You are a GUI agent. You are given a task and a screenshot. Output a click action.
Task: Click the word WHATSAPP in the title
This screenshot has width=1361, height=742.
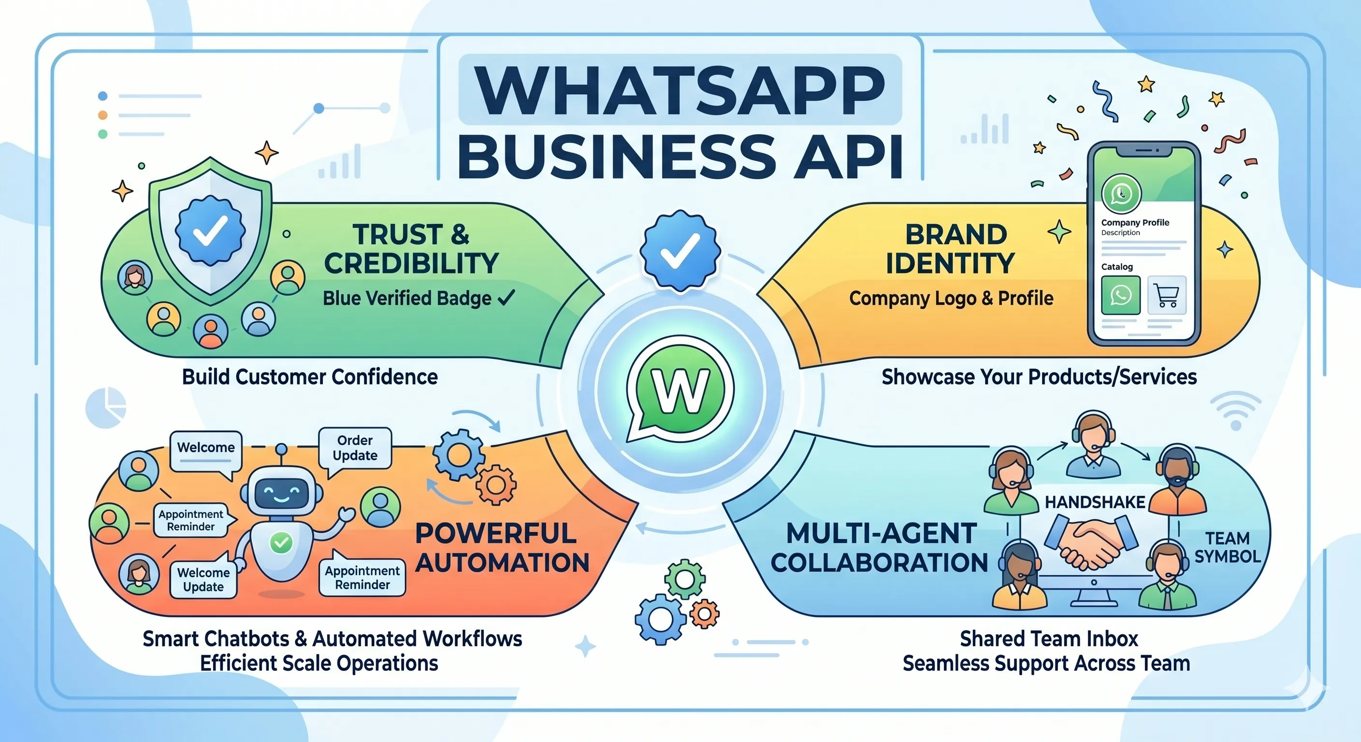pyautogui.click(x=680, y=90)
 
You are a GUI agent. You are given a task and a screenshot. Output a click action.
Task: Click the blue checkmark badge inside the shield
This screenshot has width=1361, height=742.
pyautogui.click(x=210, y=230)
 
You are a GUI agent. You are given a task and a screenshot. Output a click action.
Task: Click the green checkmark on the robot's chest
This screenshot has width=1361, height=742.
pyautogui.click(x=281, y=542)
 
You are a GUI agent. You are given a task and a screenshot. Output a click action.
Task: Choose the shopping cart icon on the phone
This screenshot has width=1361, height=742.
pyautogui.click(x=1167, y=295)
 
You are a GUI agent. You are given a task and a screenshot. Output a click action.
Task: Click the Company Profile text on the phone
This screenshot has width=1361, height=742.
pyautogui.click(x=1135, y=222)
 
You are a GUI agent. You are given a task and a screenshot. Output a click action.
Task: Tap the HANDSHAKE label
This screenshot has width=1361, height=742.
pyautogui.click(x=1095, y=502)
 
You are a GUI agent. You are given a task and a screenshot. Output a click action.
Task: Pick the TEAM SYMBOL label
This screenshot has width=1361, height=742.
pyautogui.click(x=1227, y=547)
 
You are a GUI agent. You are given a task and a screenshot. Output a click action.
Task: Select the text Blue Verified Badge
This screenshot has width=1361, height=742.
pyautogui.click(x=407, y=299)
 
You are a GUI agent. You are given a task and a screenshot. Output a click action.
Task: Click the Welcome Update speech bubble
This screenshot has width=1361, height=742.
pyautogui.click(x=203, y=579)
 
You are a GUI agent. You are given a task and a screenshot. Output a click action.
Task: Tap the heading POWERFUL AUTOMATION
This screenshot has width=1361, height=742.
pyautogui.click(x=502, y=548)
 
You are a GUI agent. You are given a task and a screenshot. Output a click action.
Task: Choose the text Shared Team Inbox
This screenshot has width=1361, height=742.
pyautogui.click(x=1049, y=639)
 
